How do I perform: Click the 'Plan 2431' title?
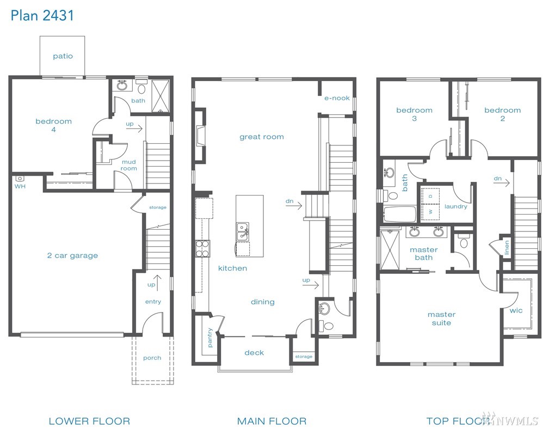tap(42, 16)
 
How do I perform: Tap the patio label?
tap(63, 56)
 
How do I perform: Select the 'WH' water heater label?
tap(20, 186)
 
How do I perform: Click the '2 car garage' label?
tap(72, 256)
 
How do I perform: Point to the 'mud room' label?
tap(129, 165)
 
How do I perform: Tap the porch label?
tap(152, 358)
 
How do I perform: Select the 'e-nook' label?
tap(337, 98)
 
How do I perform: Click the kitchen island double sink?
tap(243, 231)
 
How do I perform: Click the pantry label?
tap(210, 337)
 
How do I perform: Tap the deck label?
tap(254, 353)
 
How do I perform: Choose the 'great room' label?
tap(262, 137)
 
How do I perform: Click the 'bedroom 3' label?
tap(414, 114)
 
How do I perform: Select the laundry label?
tap(456, 206)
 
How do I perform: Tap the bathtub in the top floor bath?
tap(399, 214)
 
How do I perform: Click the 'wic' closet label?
tap(516, 310)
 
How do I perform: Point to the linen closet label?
tap(507, 248)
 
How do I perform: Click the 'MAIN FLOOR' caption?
tap(272, 421)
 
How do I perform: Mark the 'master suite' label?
tap(442, 319)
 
